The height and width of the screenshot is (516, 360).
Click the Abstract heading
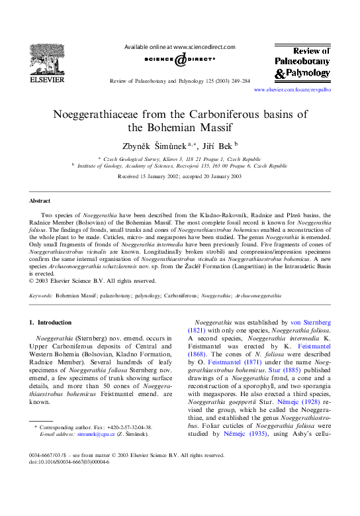(x=40, y=200)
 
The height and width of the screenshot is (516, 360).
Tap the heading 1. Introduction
(x=54, y=322)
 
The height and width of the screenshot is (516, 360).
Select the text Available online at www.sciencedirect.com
(x=180, y=48)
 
